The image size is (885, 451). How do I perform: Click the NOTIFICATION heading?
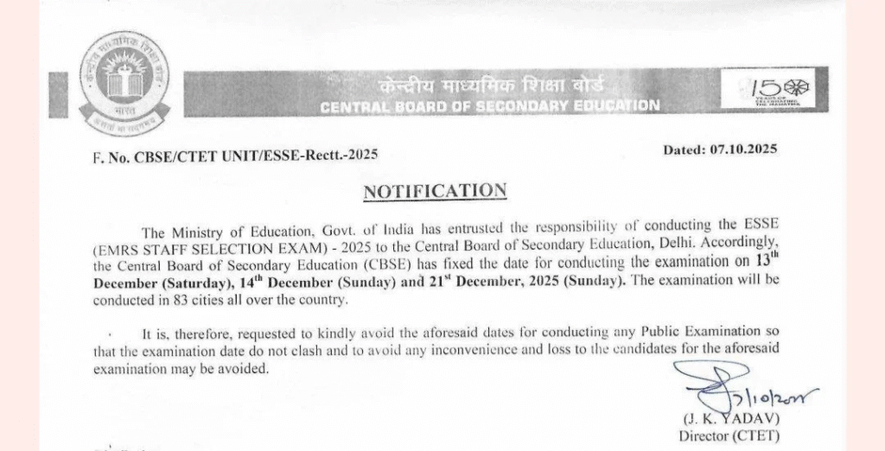point(435,191)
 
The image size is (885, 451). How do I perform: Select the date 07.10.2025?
point(748,149)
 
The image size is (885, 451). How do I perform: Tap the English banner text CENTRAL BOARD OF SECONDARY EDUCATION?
point(489,105)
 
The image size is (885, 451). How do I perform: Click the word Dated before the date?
point(684,149)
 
